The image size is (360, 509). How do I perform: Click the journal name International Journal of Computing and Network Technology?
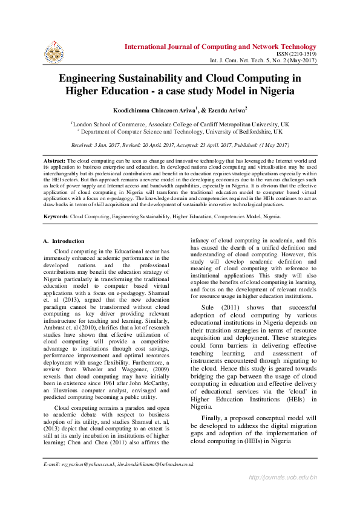[220, 47]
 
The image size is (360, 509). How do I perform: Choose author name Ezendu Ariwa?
[228, 110]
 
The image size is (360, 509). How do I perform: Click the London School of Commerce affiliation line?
[180, 124]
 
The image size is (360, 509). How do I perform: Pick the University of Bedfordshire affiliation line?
[180, 131]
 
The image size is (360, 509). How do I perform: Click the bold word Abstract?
[54, 161]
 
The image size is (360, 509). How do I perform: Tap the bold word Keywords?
[56, 216]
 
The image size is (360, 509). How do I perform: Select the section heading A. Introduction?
[64, 241]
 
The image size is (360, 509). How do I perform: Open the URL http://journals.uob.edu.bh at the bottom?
[283, 478]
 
